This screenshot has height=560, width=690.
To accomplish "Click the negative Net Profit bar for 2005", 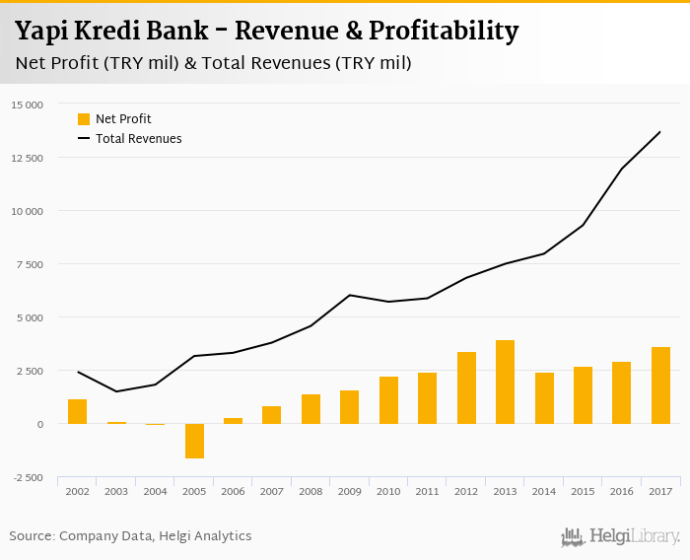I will point(194,441).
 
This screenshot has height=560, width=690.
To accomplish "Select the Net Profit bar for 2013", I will point(505,383).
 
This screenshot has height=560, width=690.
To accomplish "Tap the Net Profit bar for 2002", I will point(78,411).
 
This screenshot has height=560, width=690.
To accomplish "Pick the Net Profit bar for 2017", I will point(660,385).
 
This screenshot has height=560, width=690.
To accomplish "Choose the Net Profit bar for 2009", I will point(349,407).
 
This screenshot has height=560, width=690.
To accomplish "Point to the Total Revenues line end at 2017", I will point(660,131).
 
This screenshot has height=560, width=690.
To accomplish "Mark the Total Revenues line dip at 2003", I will point(116,391).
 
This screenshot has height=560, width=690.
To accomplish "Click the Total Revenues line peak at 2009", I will point(349,295).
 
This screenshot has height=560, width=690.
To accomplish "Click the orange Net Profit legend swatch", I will point(84,119).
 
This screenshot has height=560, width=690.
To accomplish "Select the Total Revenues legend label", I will point(138,139).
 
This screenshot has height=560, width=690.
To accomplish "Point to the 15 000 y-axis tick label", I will point(27,105).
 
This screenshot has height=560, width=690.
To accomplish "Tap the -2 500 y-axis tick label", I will point(27,477).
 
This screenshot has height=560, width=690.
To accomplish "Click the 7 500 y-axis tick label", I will point(29,264).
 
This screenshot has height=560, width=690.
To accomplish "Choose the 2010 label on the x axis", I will point(387,490).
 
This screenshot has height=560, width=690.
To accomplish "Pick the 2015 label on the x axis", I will point(583,490).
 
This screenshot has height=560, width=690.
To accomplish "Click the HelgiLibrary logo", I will point(620,537).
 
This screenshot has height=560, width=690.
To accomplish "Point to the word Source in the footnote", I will point(32,536).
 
